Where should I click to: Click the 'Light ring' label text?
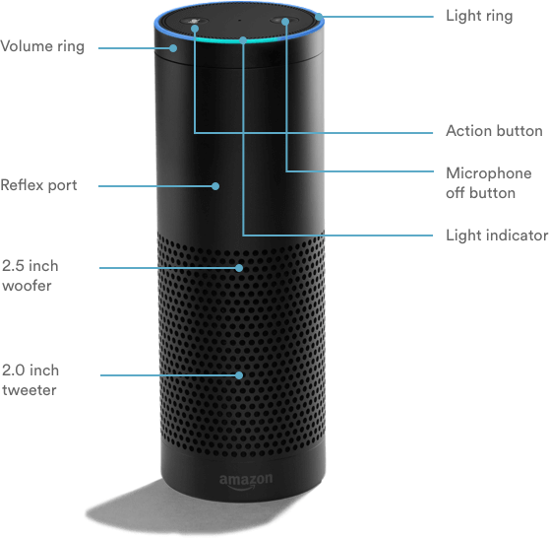point(479,16)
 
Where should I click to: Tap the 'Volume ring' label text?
point(42,47)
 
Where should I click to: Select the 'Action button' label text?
point(494,131)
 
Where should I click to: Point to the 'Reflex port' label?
point(38,185)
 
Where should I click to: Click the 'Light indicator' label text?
point(497,235)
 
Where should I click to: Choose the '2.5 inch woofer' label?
point(30,276)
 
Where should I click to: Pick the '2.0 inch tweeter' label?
point(30,380)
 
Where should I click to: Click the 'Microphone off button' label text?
point(488,183)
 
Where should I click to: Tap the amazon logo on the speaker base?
point(246,481)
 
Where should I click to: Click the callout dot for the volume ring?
point(173,48)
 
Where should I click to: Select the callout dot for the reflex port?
point(215,186)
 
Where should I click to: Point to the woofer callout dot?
point(239,268)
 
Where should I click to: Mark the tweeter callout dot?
point(239,375)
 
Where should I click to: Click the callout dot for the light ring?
point(319,17)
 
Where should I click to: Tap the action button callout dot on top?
point(195,29)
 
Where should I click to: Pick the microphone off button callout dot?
point(285,22)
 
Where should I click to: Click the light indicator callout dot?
point(243,40)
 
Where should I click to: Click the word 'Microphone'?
point(488,173)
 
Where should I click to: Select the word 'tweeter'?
point(30,390)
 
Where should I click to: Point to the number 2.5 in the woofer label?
point(12,266)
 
